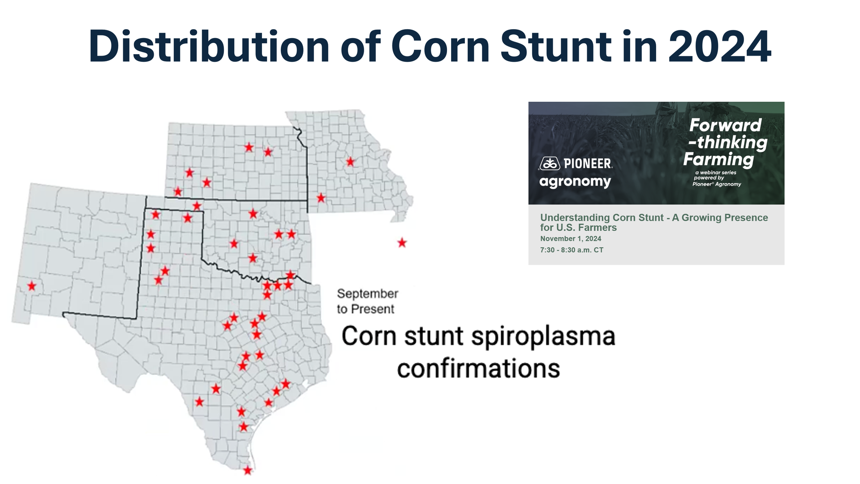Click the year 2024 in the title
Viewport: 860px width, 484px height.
pos(719,46)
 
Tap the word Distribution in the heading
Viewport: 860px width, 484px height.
pos(209,46)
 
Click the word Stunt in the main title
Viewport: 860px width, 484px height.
pos(556,46)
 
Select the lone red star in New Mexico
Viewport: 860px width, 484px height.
pos(32,285)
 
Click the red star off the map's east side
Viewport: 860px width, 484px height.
pos(402,242)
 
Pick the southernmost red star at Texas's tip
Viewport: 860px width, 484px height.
pos(248,470)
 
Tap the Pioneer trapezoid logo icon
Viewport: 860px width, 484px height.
pos(550,164)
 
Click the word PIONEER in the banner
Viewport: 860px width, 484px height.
pos(588,164)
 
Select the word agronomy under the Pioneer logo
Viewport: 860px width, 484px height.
pos(575,182)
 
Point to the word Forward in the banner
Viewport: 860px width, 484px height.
pos(726,125)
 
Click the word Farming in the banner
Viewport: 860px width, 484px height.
pos(719,159)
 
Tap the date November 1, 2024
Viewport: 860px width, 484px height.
pos(571,239)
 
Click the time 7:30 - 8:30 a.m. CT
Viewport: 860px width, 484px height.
pos(572,250)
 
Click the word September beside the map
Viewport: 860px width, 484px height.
pos(368,294)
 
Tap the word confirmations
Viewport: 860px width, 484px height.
pos(478,369)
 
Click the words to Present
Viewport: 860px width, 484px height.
pos(365,309)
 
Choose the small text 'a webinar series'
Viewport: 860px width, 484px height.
pos(716,173)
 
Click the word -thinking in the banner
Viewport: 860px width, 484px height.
pos(728,143)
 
